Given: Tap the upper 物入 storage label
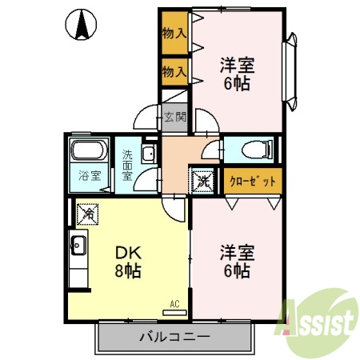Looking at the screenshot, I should pos(174,33).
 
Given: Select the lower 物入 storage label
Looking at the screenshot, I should pos(174,72).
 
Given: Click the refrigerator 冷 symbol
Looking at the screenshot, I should pos(88,214).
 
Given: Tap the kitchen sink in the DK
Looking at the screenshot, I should pos(78,246).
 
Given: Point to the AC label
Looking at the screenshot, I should pos(175,304).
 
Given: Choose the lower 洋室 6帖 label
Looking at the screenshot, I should pos(236,262).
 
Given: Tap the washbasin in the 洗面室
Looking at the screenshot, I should pos(148,154).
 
